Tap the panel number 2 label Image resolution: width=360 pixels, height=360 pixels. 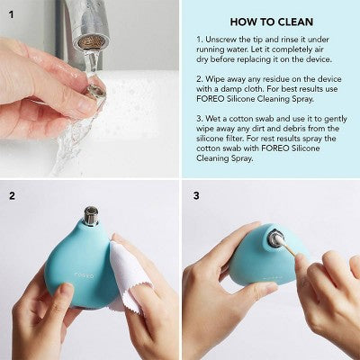[x=12, y=194]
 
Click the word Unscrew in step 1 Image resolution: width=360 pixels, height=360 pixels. [x=222, y=40]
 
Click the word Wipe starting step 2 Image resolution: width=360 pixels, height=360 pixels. [x=219, y=79]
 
